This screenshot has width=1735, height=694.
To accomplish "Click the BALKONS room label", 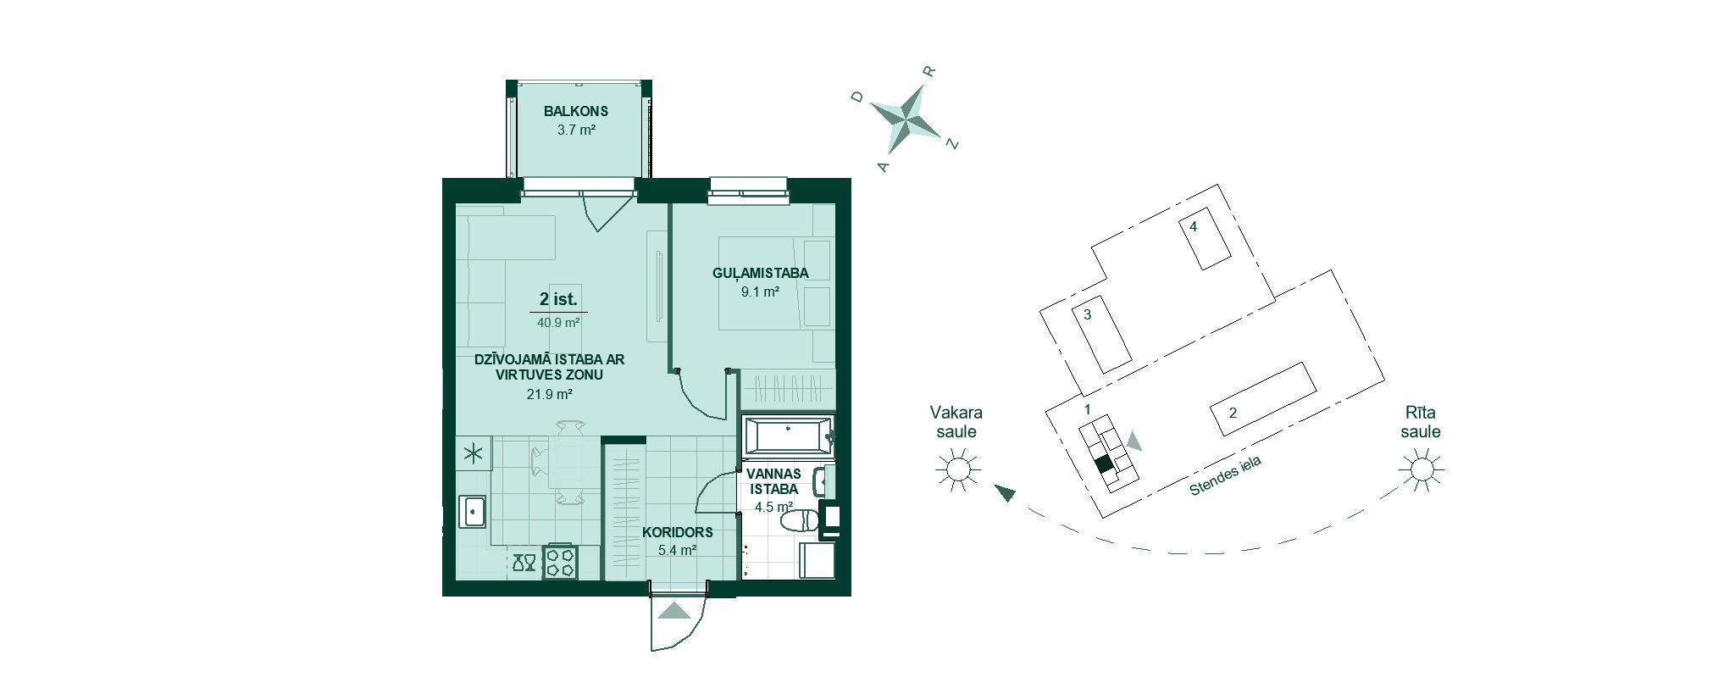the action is click(576, 111).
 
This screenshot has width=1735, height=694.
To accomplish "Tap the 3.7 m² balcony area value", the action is click(576, 130).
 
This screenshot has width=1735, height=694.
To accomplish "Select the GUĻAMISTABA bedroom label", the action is click(760, 273).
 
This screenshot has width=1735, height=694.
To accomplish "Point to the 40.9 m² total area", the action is click(558, 323).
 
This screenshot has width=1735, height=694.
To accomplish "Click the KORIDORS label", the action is click(677, 532).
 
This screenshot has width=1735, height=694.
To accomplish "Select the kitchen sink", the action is click(472, 511).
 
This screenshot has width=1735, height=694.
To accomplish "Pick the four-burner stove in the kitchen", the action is click(560, 562).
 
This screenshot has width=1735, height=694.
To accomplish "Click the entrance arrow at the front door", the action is click(675, 611).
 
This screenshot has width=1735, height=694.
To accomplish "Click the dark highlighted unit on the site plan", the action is click(1103, 464).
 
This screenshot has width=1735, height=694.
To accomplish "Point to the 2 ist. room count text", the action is click(558, 299).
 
